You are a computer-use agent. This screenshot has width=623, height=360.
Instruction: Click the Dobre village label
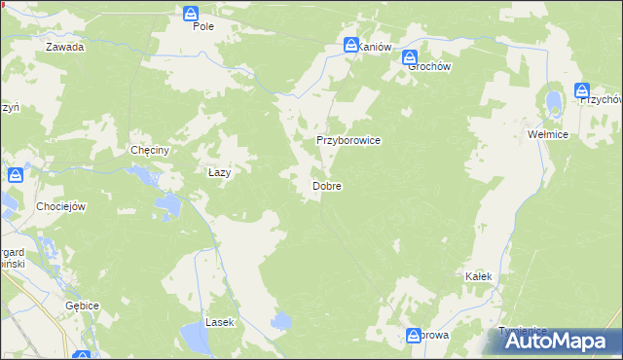tap(326, 185)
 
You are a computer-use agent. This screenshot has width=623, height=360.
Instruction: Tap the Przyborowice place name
tap(348, 140)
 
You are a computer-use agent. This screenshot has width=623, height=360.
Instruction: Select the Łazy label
tap(220, 172)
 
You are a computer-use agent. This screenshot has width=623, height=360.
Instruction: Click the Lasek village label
tap(219, 321)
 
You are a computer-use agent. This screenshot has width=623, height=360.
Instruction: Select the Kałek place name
tap(478, 277)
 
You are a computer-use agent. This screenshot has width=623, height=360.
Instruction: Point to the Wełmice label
tap(547, 133)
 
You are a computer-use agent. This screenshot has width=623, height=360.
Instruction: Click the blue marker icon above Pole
tap(192, 13)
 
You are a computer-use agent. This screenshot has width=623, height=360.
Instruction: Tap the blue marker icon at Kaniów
tap(350, 45)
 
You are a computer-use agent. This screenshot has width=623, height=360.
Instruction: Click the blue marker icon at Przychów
tap(582, 90)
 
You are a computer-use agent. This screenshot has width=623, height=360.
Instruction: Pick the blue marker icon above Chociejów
tap(16, 175)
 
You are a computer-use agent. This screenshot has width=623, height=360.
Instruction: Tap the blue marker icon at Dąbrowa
tap(414, 335)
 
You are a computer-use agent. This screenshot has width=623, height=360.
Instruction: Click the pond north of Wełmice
tap(554, 101)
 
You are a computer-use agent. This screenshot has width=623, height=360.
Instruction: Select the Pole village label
tap(202, 26)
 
